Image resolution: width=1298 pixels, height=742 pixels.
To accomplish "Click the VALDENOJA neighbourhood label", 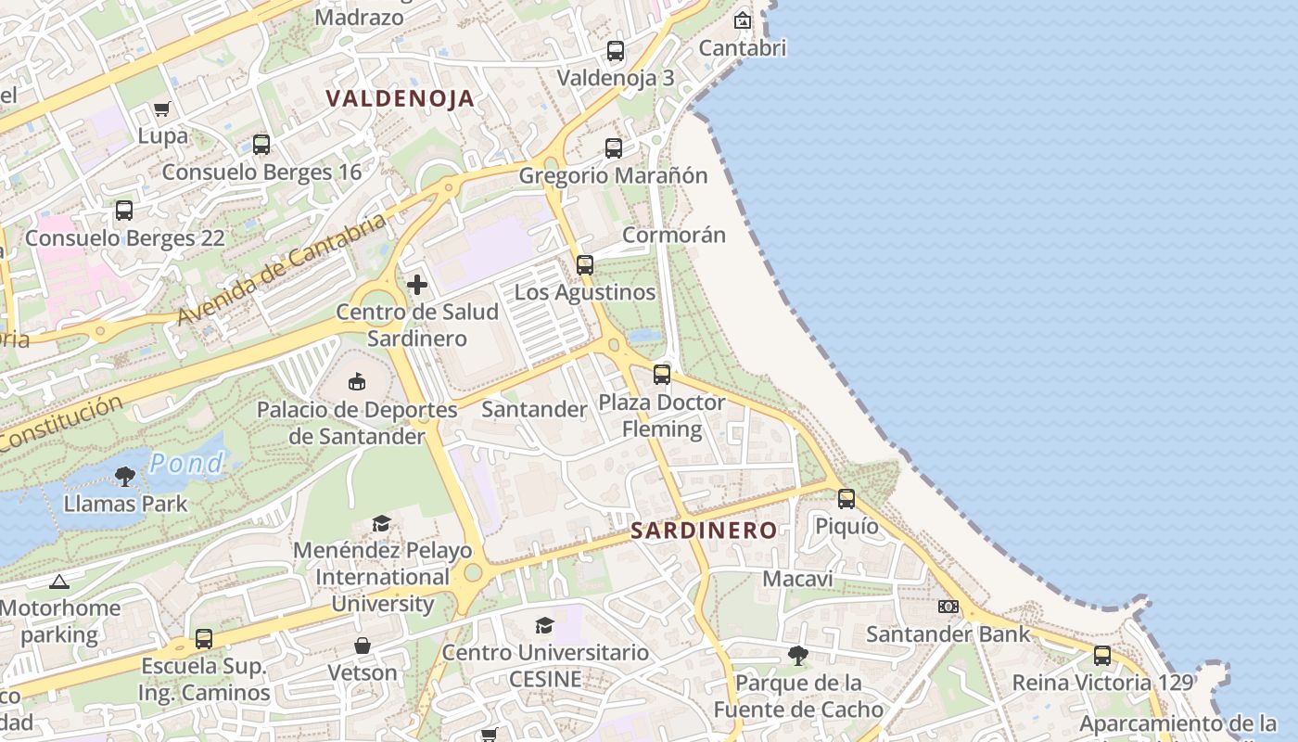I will (400, 98).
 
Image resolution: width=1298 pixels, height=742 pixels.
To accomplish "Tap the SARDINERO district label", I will (704, 531).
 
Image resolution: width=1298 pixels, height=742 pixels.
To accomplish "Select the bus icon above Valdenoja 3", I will (616, 51).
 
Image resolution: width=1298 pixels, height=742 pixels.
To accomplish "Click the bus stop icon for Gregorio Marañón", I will (613, 147).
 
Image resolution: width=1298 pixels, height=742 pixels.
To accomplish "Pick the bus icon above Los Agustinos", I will (584, 264).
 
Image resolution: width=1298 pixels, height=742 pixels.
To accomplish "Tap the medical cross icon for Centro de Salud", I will (417, 285).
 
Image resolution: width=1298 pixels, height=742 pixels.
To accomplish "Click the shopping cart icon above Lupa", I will (162, 109).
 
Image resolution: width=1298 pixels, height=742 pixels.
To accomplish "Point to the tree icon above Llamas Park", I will (125, 477).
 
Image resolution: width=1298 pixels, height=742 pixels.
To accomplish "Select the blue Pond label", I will (186, 463).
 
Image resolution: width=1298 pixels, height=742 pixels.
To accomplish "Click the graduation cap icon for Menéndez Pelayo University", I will (381, 524).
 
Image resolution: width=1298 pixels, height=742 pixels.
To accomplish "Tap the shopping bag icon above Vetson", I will (363, 646).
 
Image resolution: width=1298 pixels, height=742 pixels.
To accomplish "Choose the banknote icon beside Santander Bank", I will (948, 607).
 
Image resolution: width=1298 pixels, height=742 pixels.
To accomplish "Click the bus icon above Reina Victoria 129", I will (1101, 655).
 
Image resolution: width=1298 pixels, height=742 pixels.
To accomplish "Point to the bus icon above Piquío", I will (846, 498).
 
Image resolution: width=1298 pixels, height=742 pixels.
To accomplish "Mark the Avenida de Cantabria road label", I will (281, 269).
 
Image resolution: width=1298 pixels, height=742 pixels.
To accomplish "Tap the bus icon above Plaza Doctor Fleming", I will (661, 375).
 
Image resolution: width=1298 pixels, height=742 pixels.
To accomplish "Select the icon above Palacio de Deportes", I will (357, 381).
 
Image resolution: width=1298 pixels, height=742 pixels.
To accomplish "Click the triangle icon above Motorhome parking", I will (59, 582).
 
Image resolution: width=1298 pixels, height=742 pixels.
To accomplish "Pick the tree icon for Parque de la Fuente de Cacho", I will (797, 656).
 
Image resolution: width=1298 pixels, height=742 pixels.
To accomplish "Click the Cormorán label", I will (673, 235).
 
